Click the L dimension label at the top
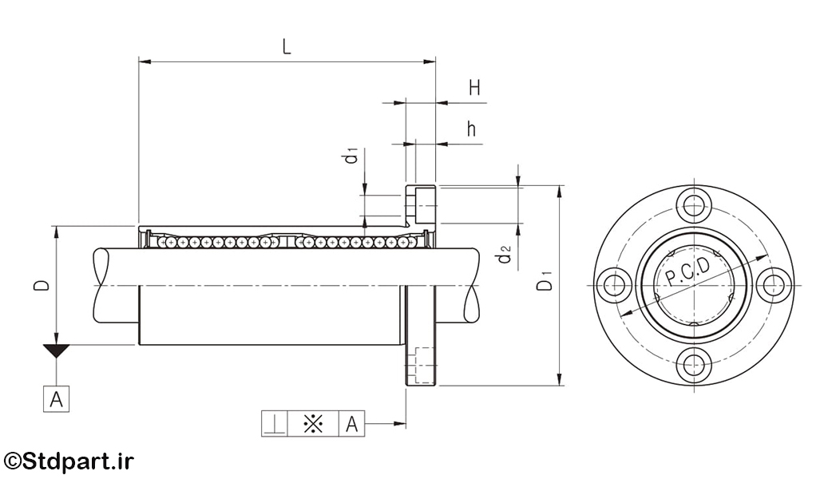[287, 46]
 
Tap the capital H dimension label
[474, 88]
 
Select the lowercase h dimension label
[471, 129]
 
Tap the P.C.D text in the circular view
[687, 271]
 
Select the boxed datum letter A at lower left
[56, 399]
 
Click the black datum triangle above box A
[56, 350]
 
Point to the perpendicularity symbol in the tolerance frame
[275, 424]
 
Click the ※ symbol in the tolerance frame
[313, 424]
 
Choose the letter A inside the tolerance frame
[352, 425]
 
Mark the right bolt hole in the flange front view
[773, 285]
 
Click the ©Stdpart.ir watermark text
[69, 461]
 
